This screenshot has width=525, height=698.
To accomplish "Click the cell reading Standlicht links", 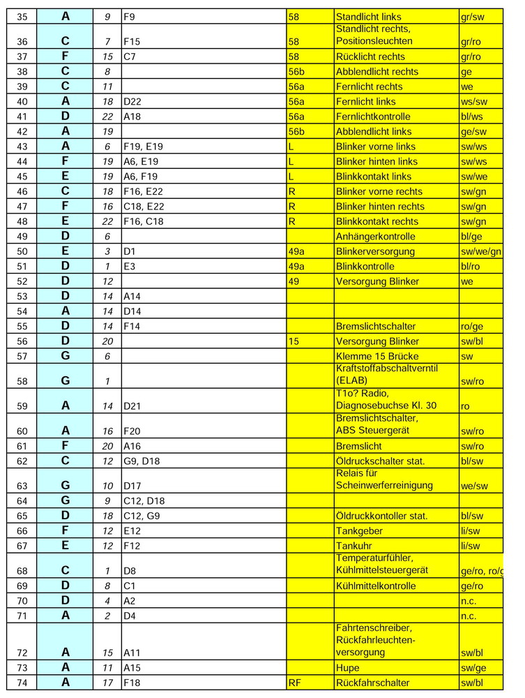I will (368, 16).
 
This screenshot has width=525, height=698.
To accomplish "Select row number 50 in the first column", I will (21, 251).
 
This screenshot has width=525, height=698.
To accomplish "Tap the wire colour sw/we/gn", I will (481, 251).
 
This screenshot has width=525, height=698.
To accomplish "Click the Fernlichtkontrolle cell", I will (373, 117).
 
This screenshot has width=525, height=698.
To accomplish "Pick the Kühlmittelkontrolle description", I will (376, 586).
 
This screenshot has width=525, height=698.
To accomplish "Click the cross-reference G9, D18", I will (139, 461).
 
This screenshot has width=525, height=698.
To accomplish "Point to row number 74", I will (21, 683).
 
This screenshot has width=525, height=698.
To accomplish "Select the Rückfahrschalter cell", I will (372, 683).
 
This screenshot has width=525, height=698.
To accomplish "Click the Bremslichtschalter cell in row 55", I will (376, 326).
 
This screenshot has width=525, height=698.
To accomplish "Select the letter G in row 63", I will (65, 481).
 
